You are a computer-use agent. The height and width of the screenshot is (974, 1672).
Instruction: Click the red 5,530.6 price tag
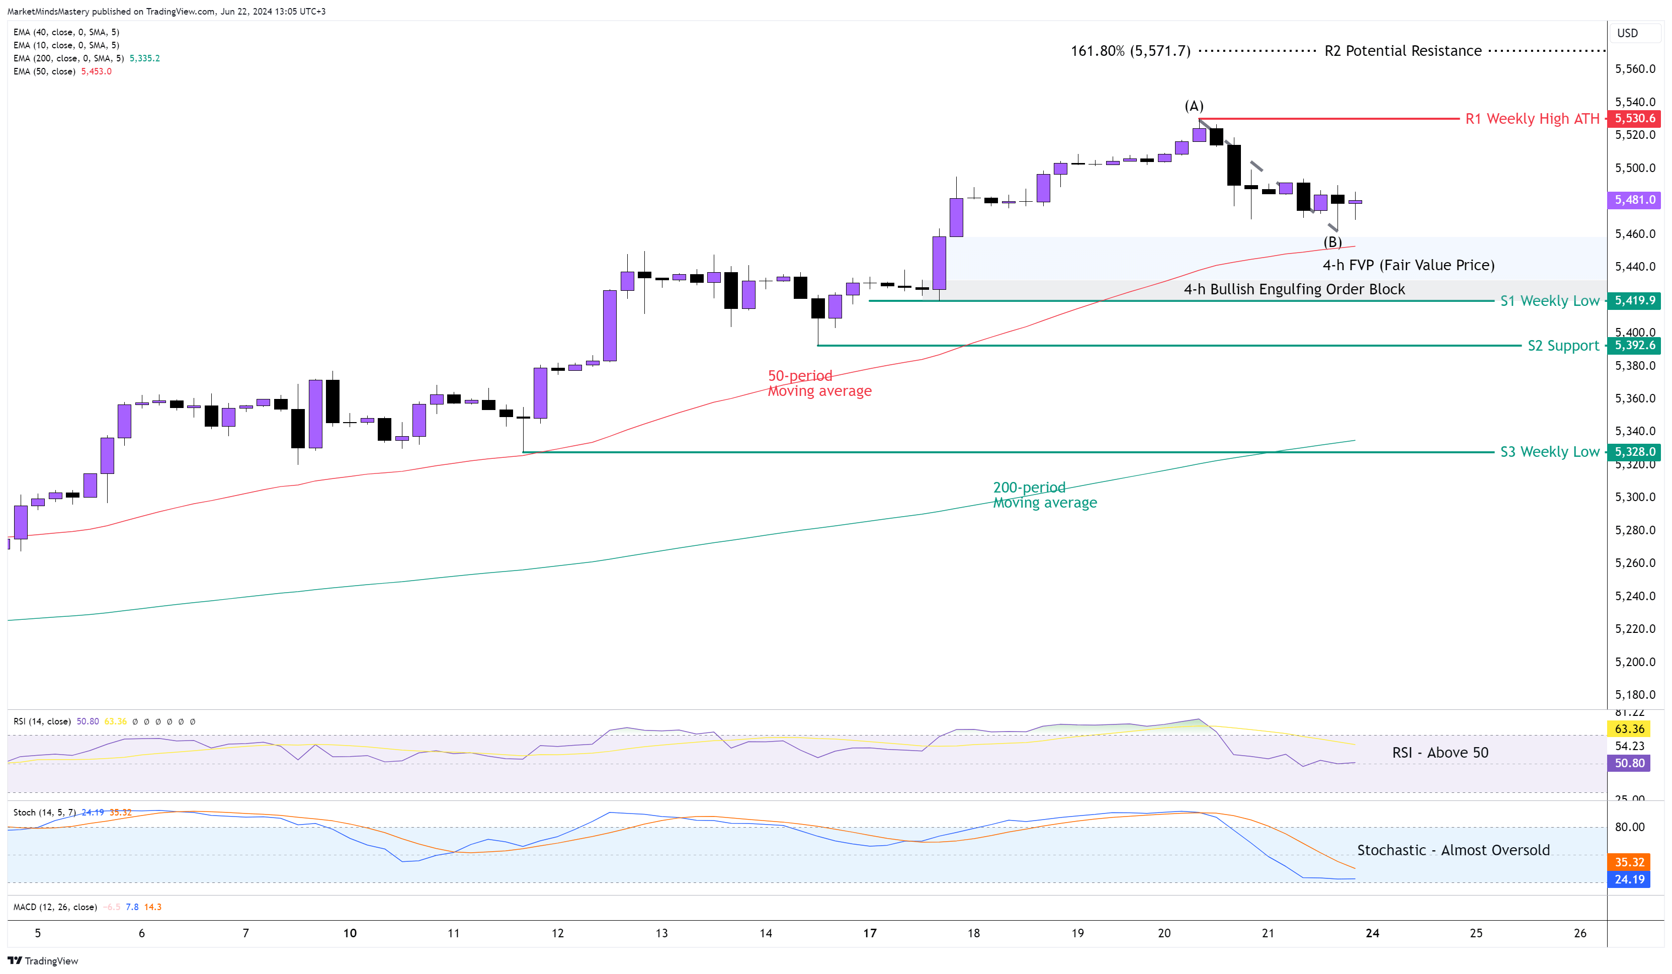click(1634, 119)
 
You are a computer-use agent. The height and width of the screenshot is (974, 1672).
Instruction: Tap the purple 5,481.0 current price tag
click(1634, 200)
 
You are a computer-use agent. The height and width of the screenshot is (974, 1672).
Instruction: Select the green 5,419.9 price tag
click(1634, 300)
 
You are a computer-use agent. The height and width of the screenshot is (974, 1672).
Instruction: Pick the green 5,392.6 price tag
click(1634, 346)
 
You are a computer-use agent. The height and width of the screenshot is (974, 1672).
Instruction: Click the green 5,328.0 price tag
click(1634, 452)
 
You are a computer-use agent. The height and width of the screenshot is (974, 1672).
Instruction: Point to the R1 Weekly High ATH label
click(1532, 119)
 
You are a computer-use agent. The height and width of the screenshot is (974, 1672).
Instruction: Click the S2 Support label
click(1563, 346)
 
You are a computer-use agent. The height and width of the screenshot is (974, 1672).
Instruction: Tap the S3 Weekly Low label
click(1550, 452)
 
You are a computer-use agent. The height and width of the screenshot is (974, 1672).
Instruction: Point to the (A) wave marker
click(1194, 106)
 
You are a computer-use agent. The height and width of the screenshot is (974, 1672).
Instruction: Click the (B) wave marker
click(1332, 242)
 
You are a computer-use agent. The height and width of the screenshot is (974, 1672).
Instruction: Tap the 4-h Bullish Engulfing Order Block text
click(1294, 289)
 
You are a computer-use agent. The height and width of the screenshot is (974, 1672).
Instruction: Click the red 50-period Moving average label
click(819, 383)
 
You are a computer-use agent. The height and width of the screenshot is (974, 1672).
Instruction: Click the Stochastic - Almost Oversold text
click(1453, 850)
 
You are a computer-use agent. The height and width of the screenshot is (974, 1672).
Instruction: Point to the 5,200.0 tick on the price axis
click(1635, 662)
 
